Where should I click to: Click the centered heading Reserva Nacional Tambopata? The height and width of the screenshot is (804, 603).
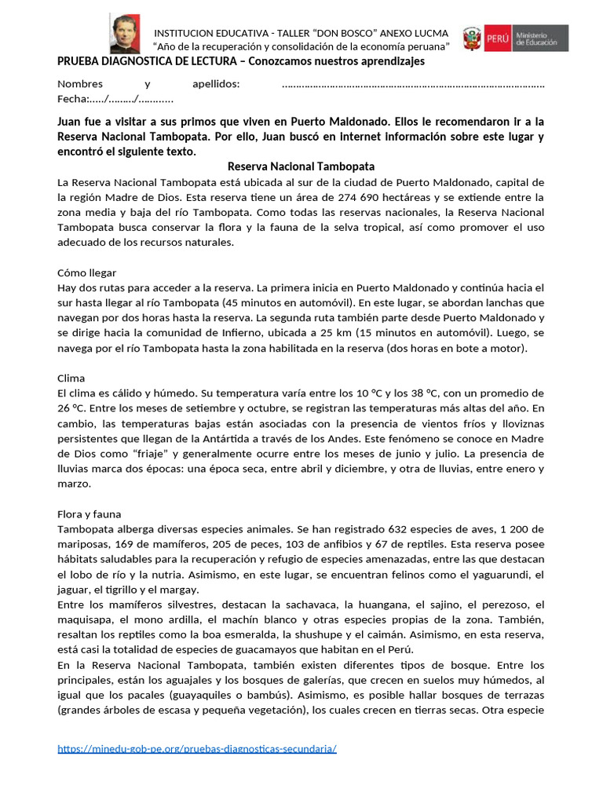click(x=301, y=166)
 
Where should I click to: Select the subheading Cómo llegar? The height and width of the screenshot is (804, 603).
click(x=88, y=272)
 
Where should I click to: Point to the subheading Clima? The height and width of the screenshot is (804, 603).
click(x=71, y=378)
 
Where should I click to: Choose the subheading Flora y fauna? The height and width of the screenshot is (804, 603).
click(x=90, y=513)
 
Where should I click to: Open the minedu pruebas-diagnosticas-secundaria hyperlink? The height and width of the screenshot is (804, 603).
click(x=197, y=749)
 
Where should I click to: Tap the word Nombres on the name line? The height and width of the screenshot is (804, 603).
click(x=80, y=84)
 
